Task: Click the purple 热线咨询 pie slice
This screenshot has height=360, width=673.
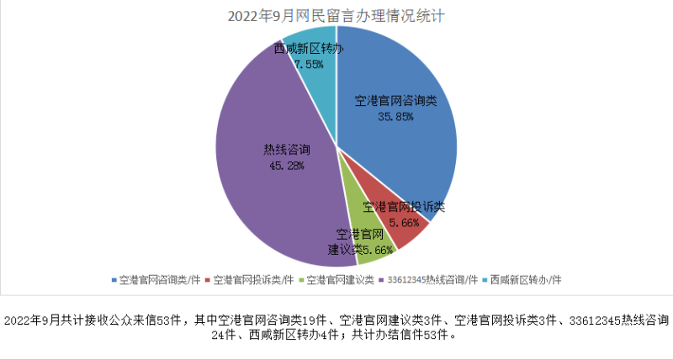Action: coord(269,193)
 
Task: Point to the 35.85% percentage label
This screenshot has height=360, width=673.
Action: coord(395,117)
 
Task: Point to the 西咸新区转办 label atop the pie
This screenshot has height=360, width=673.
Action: coord(308,49)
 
